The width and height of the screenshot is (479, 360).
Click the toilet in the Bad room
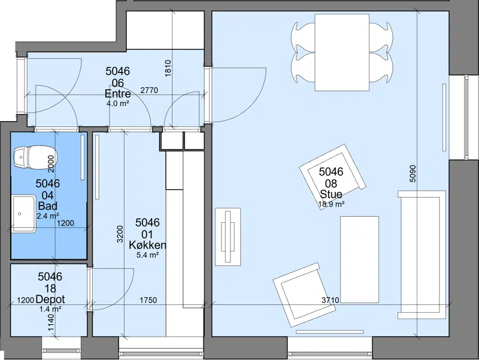[35, 157]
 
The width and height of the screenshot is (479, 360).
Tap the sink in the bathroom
[24, 214]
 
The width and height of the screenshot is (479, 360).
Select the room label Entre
[117, 93]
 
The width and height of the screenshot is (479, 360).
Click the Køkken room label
[147, 245]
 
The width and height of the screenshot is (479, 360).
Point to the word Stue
[331, 194]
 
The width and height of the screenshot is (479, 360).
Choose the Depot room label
[50, 299]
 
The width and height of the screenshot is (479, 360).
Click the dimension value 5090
[413, 174]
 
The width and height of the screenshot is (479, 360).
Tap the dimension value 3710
[331, 300]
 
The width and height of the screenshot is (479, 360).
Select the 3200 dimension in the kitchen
[120, 234]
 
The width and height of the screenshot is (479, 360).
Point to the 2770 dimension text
[149, 90]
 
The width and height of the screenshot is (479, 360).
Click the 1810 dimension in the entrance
[168, 68]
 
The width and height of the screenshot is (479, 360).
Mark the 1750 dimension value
[148, 300]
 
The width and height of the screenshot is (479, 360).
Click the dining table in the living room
[342, 52]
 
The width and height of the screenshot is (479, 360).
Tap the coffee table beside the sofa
[360, 260]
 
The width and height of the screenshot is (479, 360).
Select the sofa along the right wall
[422, 255]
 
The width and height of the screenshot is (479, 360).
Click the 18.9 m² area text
[332, 204]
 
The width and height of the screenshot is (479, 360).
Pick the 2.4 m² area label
[48, 216]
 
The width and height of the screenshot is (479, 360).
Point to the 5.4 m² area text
[147, 255]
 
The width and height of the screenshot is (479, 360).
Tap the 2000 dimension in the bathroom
[51, 164]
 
